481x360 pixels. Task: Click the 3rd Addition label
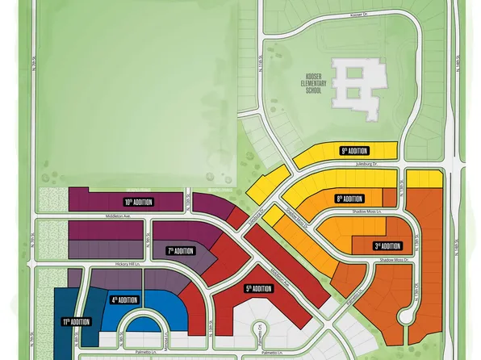387,246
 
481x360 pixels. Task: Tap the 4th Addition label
126,299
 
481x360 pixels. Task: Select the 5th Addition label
259,288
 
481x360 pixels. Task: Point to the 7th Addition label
182,251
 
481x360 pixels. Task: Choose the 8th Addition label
349,198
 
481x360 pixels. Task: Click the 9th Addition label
354,151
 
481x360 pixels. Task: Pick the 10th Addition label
138,202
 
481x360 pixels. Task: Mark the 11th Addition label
77,322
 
